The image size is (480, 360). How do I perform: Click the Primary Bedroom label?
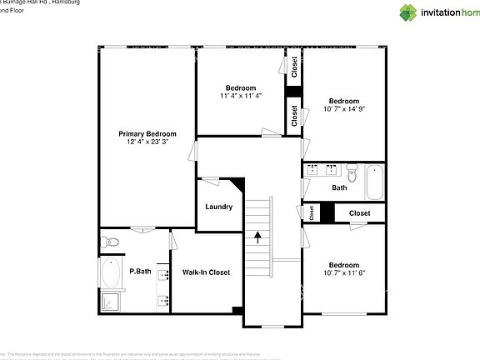coord(147,133)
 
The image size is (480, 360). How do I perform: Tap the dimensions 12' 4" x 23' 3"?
coord(147,142)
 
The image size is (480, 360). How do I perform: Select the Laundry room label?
coord(218,207)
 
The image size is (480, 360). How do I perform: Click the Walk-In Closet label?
coord(206,272)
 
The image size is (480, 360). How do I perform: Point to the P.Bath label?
coord(140,272)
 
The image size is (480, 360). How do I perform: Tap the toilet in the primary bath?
coord(110,242)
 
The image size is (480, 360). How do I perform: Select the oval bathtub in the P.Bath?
coord(110,272)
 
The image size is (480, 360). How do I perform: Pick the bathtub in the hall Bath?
coord(374,182)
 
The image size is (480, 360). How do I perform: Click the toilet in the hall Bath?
coord(351,175)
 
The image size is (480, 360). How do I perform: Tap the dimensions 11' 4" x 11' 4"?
coord(241,96)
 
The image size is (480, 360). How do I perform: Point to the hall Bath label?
coord(339,188)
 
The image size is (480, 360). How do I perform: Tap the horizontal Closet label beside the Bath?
coord(359,213)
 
